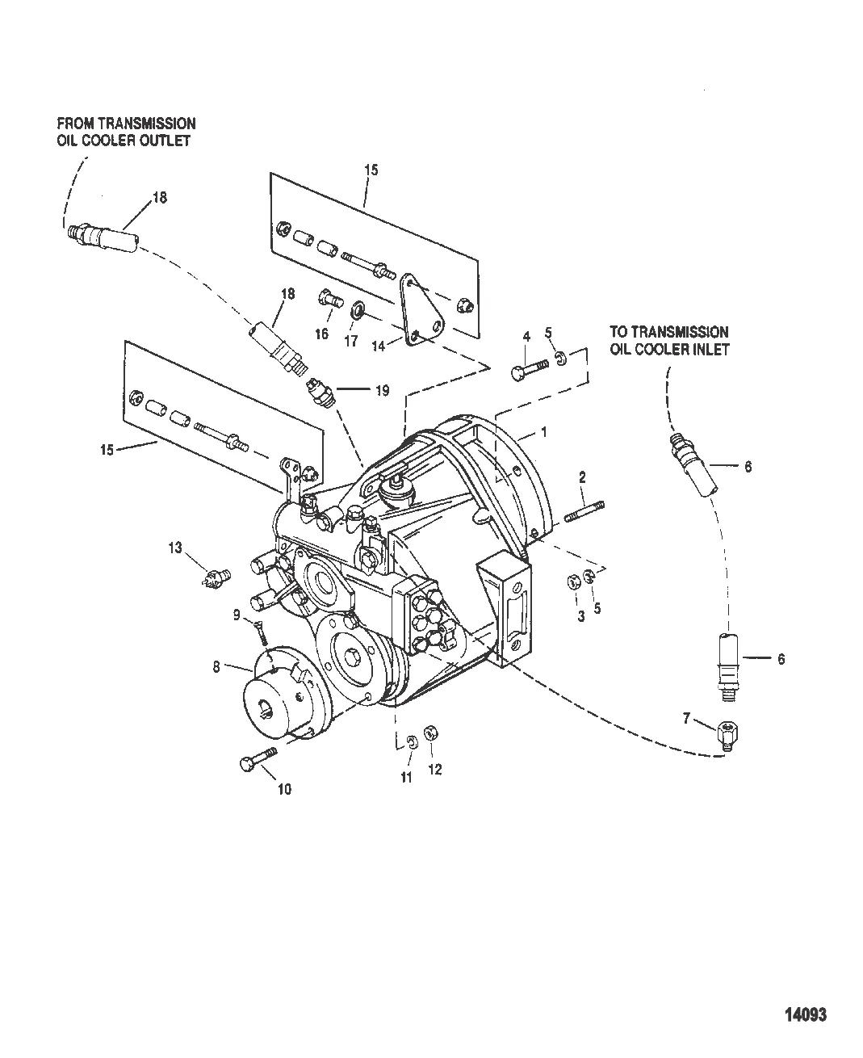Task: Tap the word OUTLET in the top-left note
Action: tap(167, 141)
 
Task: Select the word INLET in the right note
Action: tap(711, 349)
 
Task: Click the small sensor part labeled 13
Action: tap(216, 577)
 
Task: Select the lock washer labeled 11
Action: tap(410, 742)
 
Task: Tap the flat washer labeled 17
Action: tap(358, 309)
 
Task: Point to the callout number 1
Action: tap(543, 433)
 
